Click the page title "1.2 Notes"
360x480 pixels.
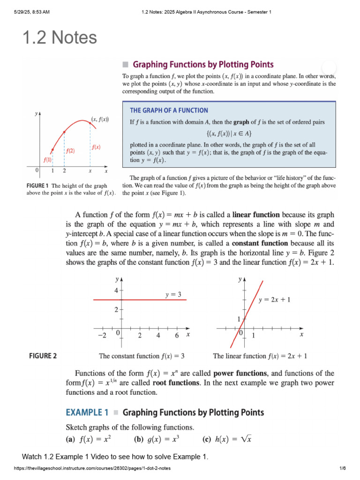click(x=60, y=37)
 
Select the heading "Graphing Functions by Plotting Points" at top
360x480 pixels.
click(x=203, y=65)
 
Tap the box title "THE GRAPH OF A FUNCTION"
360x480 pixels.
click(x=169, y=111)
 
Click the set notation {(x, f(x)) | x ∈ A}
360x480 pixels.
click(x=228, y=133)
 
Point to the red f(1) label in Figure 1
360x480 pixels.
click(x=48, y=159)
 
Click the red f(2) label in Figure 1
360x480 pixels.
click(x=70, y=150)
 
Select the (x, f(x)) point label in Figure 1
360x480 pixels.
click(x=100, y=120)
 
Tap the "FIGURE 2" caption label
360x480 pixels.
click(x=43, y=356)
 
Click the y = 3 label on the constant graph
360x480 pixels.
click(x=173, y=294)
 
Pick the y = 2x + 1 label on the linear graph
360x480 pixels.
click(x=275, y=300)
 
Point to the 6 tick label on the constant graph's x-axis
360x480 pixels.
click(x=177, y=336)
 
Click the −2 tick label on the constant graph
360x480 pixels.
click(x=102, y=336)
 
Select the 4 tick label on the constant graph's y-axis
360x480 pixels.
click(x=116, y=291)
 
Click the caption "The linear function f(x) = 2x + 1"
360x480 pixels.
click(x=260, y=356)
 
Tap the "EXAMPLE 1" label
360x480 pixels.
click(x=87, y=413)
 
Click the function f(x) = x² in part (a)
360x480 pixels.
click(x=96, y=440)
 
